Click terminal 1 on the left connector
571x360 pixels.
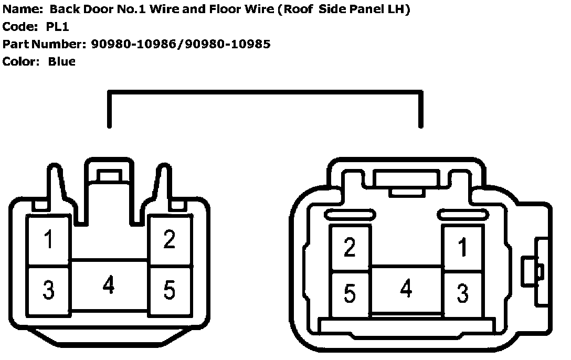(x=48, y=240)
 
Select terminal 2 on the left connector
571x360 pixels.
(x=169, y=240)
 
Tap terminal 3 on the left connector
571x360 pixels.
(x=48, y=290)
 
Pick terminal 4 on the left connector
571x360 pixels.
(x=109, y=286)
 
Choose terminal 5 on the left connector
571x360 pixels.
(x=169, y=290)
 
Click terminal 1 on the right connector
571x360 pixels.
(x=462, y=248)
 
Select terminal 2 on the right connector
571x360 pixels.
(x=350, y=248)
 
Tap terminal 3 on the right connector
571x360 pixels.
(x=462, y=294)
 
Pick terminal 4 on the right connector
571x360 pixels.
(x=406, y=289)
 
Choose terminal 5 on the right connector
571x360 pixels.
(x=350, y=294)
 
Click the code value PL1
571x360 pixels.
(x=57, y=26)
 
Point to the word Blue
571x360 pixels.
(x=61, y=61)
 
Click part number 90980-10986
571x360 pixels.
(x=133, y=44)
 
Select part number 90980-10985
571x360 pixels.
(x=227, y=44)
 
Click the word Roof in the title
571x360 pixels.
(x=297, y=9)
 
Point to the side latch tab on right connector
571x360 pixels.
(x=532, y=272)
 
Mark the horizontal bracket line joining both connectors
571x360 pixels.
(x=263, y=92)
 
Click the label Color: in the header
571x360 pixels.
(x=21, y=61)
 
